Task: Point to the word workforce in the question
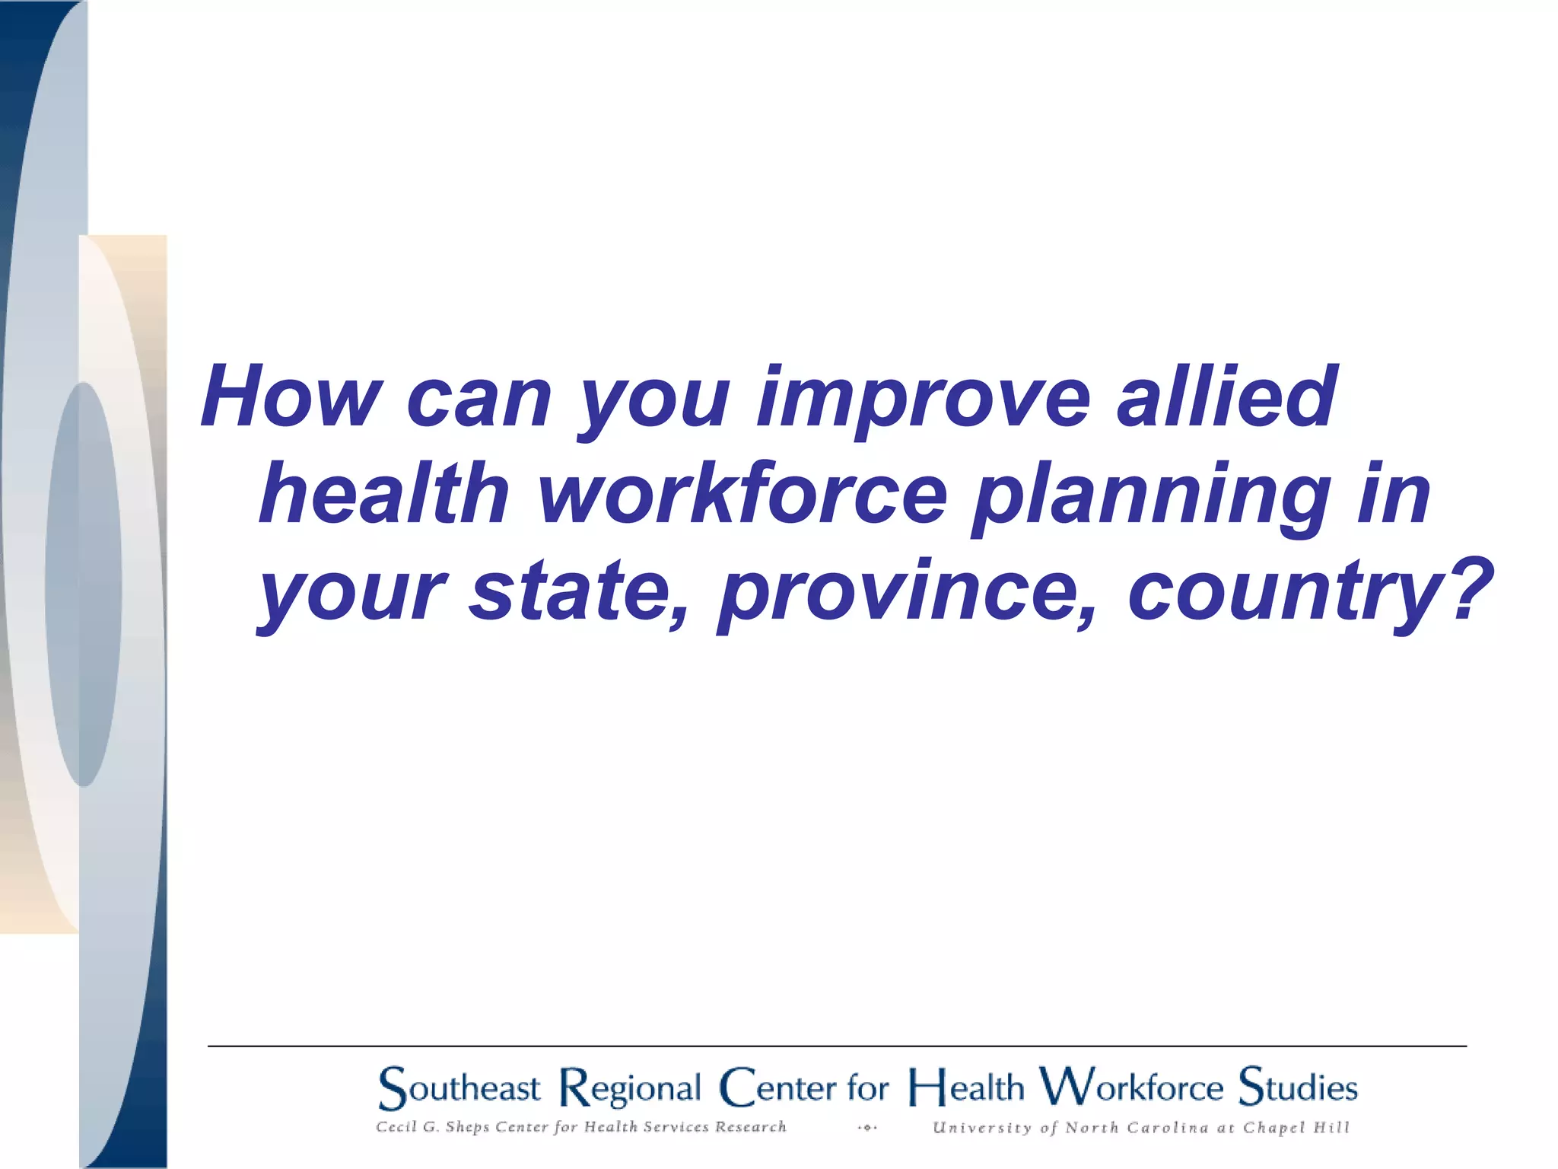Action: point(742,495)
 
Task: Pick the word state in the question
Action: point(571,592)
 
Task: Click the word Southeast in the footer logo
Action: point(459,1088)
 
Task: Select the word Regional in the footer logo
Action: point(630,1089)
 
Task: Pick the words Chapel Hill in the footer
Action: point(1296,1128)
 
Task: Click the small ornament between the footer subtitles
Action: point(866,1128)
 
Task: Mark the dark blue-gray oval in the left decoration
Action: point(83,584)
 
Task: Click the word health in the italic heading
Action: point(384,495)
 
